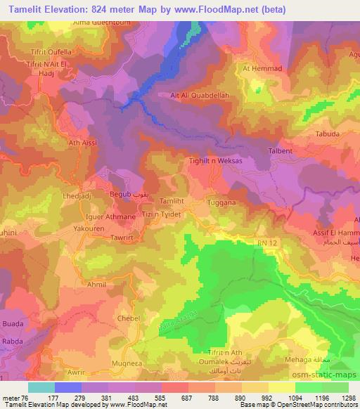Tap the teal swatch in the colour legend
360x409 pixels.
[x=41, y=387]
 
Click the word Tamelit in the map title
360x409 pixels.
[x=26, y=8]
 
